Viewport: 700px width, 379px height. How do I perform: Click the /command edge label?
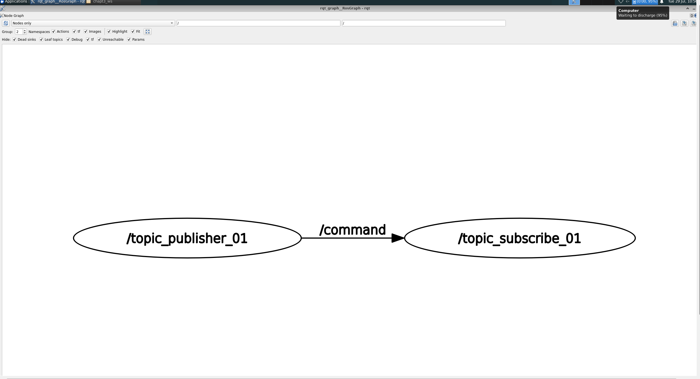click(x=353, y=230)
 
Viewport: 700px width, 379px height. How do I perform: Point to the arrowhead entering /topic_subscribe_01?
click(x=398, y=238)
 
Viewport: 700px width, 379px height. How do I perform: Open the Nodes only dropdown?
click(x=93, y=23)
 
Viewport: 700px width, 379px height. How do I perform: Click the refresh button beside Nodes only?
click(x=6, y=23)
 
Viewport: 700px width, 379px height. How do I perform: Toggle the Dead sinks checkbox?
click(x=14, y=40)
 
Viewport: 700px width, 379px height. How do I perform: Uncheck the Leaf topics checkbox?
click(x=41, y=40)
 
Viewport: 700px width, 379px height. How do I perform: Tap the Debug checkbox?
click(x=68, y=40)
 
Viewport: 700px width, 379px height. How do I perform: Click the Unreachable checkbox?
click(x=99, y=40)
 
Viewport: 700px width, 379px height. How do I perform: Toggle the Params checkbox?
click(x=129, y=40)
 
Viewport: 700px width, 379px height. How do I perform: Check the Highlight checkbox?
click(x=109, y=32)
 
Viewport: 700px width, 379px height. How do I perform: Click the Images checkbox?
click(x=86, y=32)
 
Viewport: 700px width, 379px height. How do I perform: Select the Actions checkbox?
click(x=54, y=32)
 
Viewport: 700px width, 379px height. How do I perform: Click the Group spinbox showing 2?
click(x=19, y=32)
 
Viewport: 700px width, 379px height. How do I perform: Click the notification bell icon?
click(x=662, y=2)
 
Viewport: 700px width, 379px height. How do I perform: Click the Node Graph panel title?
click(x=14, y=16)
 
